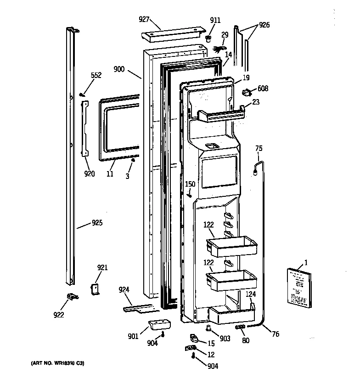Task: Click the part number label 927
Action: click(x=145, y=19)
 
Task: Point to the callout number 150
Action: click(x=190, y=184)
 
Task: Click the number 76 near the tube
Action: click(x=275, y=334)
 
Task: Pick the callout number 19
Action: click(x=246, y=78)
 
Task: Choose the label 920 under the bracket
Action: click(x=89, y=174)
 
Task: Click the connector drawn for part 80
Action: click(x=240, y=327)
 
